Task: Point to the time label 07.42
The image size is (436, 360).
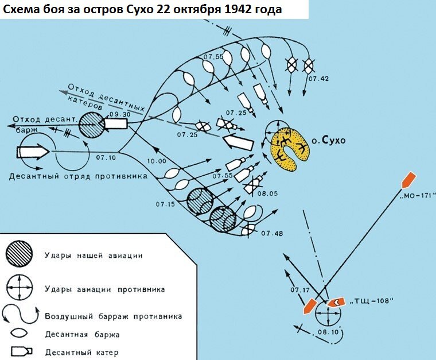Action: point(318,78)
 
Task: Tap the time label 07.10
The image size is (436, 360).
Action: point(106,157)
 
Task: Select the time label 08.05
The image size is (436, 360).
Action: point(268,193)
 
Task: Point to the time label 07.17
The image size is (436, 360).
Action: point(301,289)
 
